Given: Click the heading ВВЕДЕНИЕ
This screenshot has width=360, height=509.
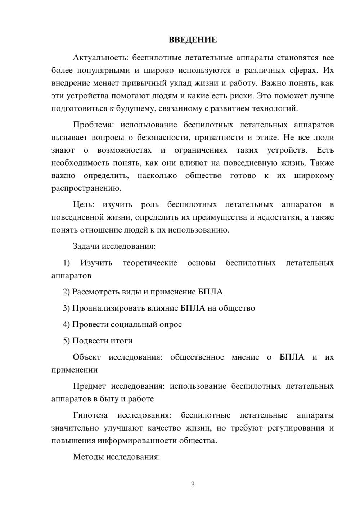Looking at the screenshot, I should pos(193,40).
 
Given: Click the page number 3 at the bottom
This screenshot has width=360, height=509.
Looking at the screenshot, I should pos(193,485).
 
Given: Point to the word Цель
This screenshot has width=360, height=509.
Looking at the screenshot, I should pos(84,204).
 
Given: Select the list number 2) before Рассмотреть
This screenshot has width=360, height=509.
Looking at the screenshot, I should pos(67,292).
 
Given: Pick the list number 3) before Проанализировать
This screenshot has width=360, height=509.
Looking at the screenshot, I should pos(67,308).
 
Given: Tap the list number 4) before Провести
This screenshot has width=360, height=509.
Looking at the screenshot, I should pos(67,324).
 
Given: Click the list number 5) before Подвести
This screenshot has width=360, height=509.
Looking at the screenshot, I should pos(67,341).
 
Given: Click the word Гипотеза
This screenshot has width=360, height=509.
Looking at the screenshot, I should pos(90,415).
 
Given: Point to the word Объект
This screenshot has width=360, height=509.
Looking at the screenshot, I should pos(87,357).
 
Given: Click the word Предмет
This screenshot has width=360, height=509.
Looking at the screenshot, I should pos(90,386).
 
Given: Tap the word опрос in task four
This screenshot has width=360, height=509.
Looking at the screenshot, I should pos(171,324).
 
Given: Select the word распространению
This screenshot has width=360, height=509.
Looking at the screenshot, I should pos(86,188).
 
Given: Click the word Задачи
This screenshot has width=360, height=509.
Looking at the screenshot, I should pos(86,247).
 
